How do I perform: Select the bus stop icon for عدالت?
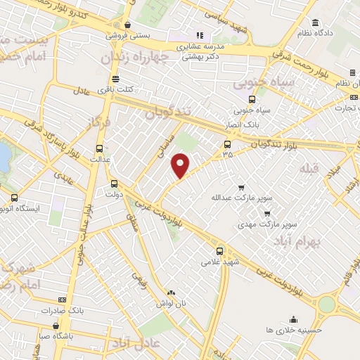(x=98, y=148)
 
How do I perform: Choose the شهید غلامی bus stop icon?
(x=220, y=250)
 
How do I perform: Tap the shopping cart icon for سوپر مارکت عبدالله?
(x=241, y=188)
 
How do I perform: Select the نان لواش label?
(x=169, y=302)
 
